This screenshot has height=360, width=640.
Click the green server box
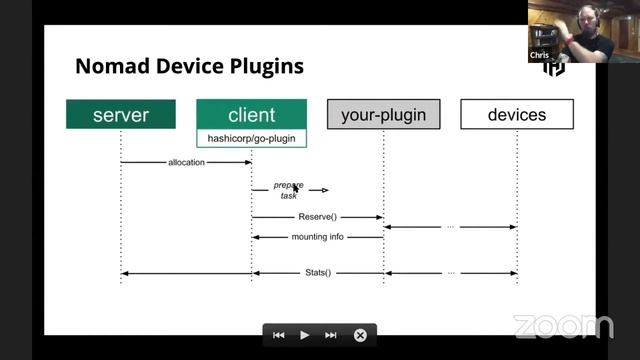(x=121, y=115)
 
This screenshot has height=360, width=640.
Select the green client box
(x=251, y=115)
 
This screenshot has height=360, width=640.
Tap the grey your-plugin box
(x=383, y=115)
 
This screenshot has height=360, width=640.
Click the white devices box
(x=517, y=115)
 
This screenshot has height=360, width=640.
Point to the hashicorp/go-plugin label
(x=251, y=138)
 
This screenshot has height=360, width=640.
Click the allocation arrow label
(x=187, y=162)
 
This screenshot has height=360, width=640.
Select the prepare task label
(x=289, y=190)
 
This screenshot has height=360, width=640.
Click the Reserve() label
(x=317, y=216)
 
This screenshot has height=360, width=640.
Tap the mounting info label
(x=317, y=237)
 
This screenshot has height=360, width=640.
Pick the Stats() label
(x=317, y=272)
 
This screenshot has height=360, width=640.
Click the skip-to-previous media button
(x=279, y=335)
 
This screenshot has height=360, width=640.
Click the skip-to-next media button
(x=331, y=335)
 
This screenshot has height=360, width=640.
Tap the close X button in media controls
(x=360, y=335)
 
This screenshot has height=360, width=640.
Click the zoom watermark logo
(x=563, y=326)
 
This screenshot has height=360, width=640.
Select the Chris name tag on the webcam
(x=539, y=56)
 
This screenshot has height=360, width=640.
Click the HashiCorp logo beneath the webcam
(x=553, y=68)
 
